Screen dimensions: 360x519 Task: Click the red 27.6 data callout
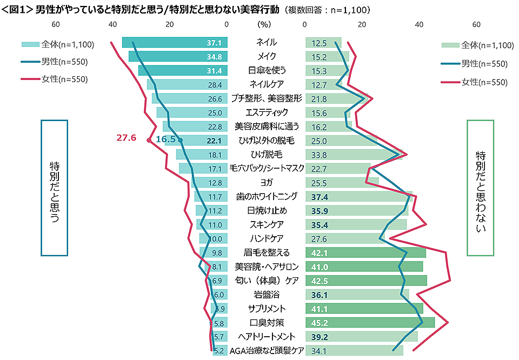pos(127,138)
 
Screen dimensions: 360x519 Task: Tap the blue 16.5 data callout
pos(165,139)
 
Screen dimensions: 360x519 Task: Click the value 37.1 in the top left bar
pos(215,42)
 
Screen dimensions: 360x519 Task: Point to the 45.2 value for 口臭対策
pos(318,323)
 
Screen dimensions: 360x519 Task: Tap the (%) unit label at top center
pos(264,24)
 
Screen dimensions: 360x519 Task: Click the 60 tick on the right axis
pos(476,24)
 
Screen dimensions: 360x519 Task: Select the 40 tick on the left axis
pos(112,24)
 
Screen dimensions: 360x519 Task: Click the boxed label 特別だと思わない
pos(480,188)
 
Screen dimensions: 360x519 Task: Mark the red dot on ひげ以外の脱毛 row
pos(149,140)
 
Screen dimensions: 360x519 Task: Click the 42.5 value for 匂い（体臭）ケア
pos(318,281)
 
